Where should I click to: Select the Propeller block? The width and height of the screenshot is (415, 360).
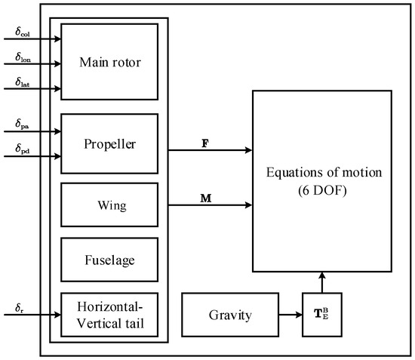(109, 143)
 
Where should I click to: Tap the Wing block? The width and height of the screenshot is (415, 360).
(109, 204)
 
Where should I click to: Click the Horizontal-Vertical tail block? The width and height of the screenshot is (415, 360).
(109, 314)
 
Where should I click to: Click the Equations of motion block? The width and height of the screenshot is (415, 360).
(321, 181)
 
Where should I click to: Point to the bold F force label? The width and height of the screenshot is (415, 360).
(204, 141)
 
